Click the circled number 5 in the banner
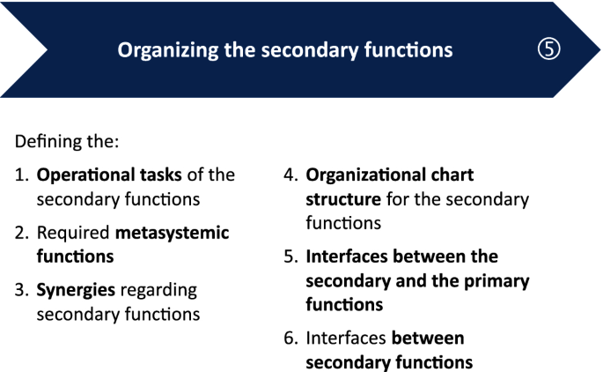tap(548, 48)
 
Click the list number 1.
tap(21, 175)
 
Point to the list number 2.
tap(21, 233)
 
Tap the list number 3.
tap(21, 290)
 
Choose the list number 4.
tap(290, 175)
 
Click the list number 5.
tap(290, 257)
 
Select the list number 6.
tap(290, 339)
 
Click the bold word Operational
tap(85, 175)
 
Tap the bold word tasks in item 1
tap(161, 175)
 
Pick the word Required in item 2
tap(73, 234)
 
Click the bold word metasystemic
tap(172, 234)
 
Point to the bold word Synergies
tap(76, 291)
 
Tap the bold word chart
tap(452, 175)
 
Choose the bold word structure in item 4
tap(343, 199)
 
